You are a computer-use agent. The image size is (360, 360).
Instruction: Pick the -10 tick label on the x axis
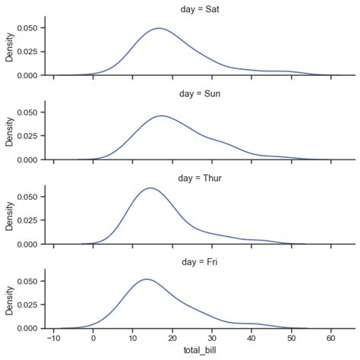[53, 339]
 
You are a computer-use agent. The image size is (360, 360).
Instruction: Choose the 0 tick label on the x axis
[93, 339]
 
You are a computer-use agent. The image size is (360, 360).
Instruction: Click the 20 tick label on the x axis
[172, 339]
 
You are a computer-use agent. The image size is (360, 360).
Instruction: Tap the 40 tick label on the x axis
[251, 339]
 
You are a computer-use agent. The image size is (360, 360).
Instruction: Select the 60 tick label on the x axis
[330, 339]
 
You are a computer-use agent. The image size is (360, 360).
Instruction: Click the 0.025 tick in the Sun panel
[28, 136]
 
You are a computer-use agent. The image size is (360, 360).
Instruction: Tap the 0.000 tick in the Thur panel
[28, 245]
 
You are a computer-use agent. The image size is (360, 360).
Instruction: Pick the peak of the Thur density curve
[150, 188]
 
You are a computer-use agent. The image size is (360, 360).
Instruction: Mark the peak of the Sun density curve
[162, 115]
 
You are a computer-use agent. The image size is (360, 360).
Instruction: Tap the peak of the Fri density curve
[147, 279]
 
